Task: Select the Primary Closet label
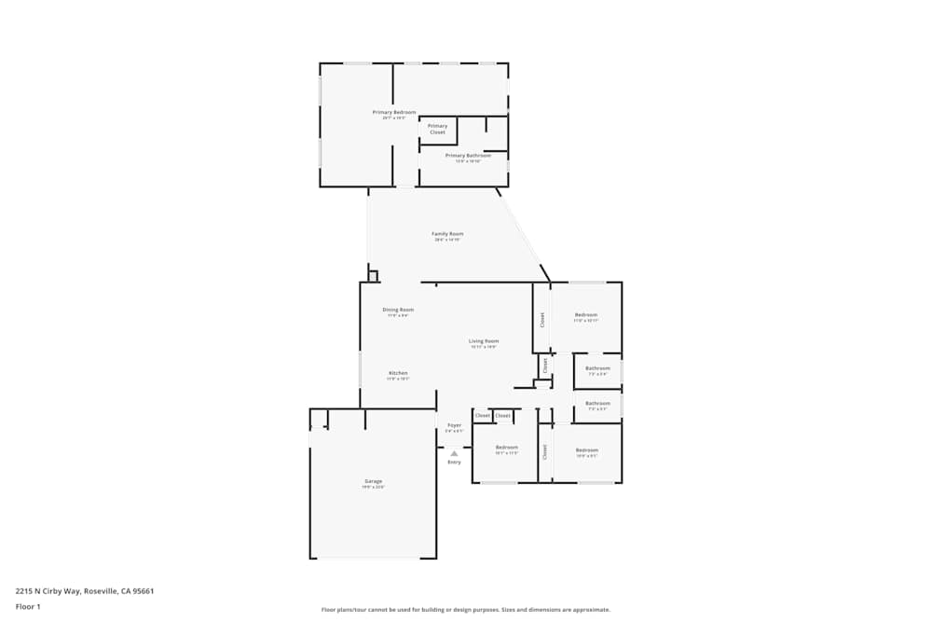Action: point(437,129)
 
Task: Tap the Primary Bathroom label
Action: point(468,156)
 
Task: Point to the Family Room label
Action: point(447,234)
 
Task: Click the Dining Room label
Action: point(398,310)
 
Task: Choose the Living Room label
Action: point(484,341)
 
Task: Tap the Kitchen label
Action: point(398,373)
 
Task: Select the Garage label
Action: point(373,482)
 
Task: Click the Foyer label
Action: point(454,425)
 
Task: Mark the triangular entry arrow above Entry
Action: point(454,453)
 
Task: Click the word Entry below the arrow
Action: point(454,463)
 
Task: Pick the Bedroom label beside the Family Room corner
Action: point(586,315)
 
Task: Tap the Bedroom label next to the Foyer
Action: point(506,448)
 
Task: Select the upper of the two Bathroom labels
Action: point(597,368)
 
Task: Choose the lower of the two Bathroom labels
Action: point(597,404)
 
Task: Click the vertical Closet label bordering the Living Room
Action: point(541,319)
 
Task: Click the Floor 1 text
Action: point(28,606)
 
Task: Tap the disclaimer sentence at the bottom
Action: point(466,609)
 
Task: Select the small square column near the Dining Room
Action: point(373,275)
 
